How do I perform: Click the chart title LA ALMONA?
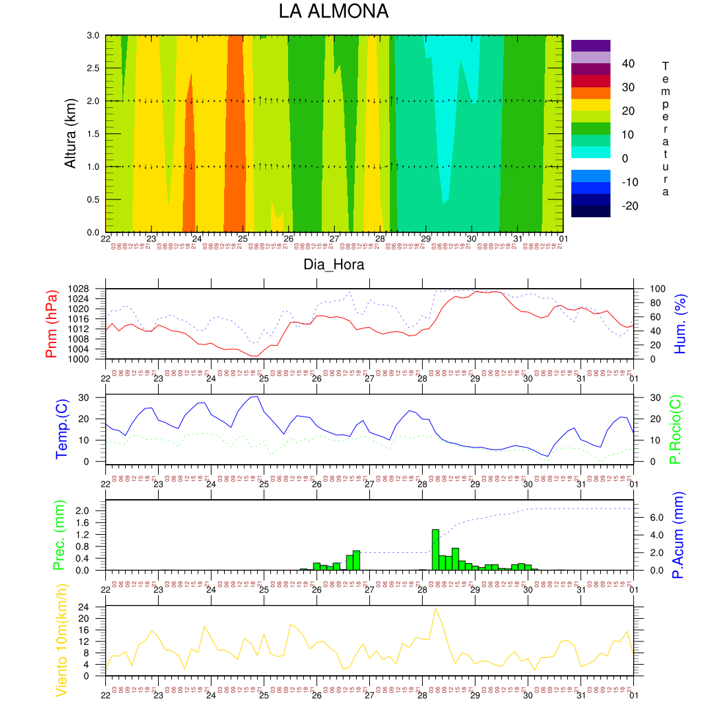click(x=333, y=12)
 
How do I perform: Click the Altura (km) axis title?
click(x=70, y=133)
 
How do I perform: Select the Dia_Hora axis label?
click(x=333, y=264)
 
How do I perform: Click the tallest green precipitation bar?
click(x=435, y=549)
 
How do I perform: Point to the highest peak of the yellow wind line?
click(x=435, y=608)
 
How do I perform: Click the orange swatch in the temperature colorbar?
click(x=591, y=93)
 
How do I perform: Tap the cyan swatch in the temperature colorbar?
click(x=591, y=152)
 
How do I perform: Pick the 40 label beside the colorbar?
click(x=628, y=64)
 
